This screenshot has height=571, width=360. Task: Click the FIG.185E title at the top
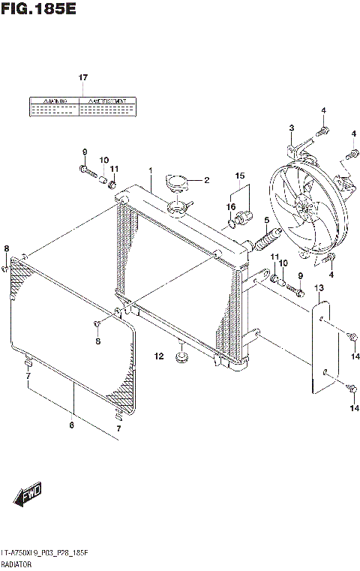click(x=39, y=10)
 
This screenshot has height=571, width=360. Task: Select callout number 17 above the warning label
click(x=83, y=78)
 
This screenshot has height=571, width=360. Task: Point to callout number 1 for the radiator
click(x=150, y=171)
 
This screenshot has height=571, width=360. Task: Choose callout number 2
click(x=206, y=180)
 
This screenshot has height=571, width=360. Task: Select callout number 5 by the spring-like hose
click(x=265, y=220)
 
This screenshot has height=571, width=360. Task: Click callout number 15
click(x=239, y=177)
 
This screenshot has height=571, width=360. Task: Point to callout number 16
click(x=232, y=207)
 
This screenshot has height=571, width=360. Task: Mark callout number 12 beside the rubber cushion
click(x=159, y=356)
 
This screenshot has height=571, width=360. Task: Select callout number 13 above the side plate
click(x=318, y=288)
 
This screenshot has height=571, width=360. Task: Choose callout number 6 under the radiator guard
click(x=72, y=425)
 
